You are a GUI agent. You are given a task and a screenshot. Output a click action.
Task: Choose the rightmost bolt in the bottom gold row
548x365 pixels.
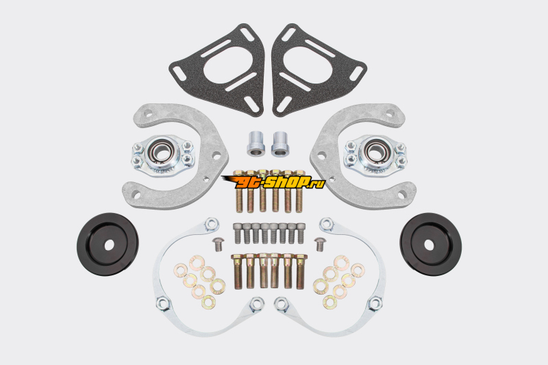[299, 271]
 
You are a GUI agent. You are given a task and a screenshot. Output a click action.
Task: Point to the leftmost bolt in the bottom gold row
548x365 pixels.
[237, 271]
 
